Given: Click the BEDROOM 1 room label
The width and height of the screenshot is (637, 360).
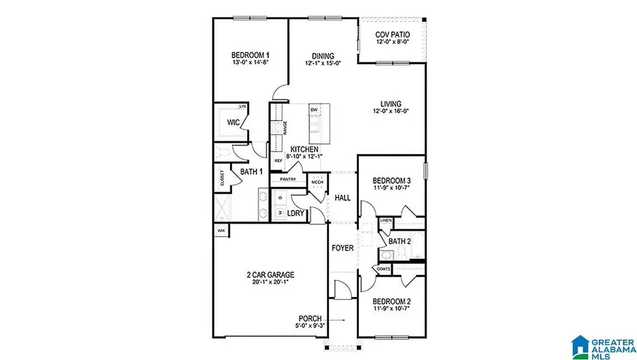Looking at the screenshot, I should point(250,55).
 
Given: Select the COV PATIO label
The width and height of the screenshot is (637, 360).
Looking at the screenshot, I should point(391,34).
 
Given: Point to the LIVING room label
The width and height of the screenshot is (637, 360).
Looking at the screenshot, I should point(391,103).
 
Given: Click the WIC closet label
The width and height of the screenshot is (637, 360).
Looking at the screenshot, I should point(234,122).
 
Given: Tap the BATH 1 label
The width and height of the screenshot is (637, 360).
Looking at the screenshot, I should point(251,172).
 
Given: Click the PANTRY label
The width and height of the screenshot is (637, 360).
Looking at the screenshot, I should point(287,180).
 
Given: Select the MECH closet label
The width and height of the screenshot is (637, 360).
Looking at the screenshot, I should point(317,180).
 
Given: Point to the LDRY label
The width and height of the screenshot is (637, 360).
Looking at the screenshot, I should point(296,212).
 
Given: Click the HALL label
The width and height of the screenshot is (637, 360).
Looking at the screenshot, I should point(343,198).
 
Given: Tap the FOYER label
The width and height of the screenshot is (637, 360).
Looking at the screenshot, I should point(343,248).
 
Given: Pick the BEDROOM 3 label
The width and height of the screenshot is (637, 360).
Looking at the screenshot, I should point(391,181).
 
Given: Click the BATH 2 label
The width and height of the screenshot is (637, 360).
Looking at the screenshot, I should point(399,241).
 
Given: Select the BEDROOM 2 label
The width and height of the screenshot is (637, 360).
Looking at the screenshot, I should point(391,301).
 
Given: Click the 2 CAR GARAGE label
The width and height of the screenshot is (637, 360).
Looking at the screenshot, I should point(270,274).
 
